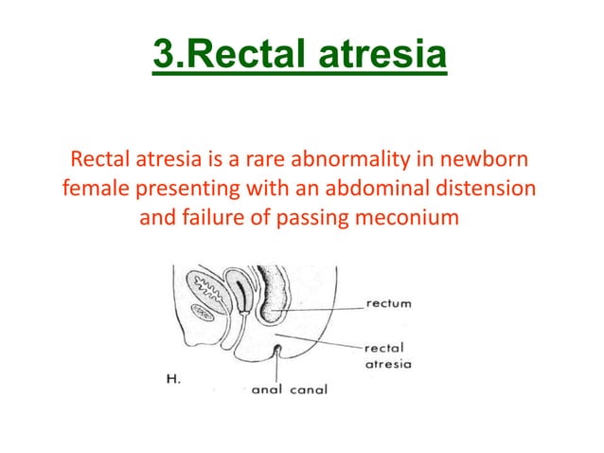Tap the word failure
tap(222, 219)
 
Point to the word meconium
tap(413, 219)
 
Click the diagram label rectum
tap(388, 304)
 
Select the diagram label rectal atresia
tap(388, 354)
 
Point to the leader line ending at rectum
tap(322, 307)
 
